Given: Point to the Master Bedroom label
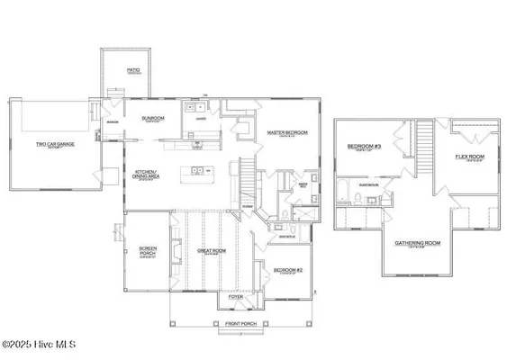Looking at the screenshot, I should pos(286,133).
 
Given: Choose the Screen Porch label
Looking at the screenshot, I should pos(148,253).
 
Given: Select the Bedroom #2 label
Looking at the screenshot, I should pos(289,269).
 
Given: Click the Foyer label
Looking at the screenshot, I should pos(236,296).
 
